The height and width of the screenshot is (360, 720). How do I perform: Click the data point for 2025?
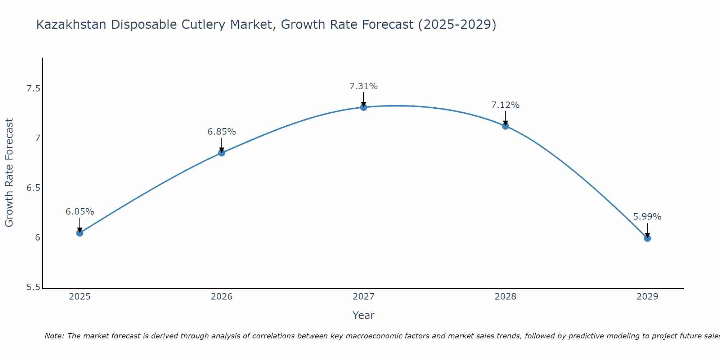80,233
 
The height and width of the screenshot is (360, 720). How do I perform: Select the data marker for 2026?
221,153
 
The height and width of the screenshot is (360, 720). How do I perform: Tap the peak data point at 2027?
364,107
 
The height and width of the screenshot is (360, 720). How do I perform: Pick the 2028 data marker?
505,126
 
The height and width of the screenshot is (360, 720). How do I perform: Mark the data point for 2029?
647,238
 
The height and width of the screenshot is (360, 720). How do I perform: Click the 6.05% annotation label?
80,212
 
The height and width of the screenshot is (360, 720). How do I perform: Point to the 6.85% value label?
221,132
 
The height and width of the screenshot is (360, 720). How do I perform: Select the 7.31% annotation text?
364,86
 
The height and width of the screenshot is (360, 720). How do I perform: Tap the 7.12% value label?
505,105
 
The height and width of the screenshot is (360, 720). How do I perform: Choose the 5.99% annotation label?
647,217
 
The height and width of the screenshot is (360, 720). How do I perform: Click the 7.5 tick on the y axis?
33,89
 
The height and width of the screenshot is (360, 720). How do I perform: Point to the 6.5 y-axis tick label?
33,188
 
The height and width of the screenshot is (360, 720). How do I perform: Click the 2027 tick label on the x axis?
364,297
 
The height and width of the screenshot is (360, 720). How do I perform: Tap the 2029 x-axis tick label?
647,297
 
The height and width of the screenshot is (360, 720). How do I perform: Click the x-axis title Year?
364,315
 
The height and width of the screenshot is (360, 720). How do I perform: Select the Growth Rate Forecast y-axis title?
9,173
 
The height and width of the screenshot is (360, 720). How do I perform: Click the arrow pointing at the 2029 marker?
647,230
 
